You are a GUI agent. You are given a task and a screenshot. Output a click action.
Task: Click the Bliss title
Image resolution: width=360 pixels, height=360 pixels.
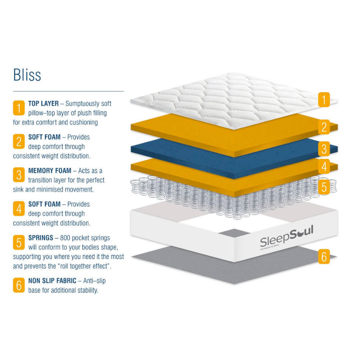click(27, 75)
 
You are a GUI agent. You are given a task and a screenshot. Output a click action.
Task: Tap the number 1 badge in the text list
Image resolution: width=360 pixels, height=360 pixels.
click(19, 108)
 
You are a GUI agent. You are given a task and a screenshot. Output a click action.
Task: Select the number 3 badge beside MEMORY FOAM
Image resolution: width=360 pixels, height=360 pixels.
click(19, 175)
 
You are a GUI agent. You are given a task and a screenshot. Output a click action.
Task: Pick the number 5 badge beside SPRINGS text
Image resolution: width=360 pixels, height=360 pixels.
click(19, 242)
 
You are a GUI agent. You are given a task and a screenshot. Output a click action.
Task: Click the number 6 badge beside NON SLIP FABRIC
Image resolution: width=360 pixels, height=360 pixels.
click(19, 285)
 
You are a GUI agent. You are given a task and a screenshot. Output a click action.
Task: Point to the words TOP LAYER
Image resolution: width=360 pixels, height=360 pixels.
click(44, 104)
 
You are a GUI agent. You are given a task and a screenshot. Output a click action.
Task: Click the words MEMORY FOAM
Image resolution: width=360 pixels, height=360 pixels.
click(50, 171)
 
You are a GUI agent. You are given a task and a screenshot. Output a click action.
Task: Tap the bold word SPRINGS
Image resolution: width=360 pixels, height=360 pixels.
click(41, 238)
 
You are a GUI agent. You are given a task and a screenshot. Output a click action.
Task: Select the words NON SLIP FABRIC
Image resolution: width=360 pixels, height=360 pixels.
click(52, 280)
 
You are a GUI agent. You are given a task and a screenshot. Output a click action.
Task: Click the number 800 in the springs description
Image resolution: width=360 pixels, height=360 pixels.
click(65, 238)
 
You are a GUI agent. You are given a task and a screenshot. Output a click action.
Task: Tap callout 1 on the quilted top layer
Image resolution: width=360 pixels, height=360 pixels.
click(324, 100)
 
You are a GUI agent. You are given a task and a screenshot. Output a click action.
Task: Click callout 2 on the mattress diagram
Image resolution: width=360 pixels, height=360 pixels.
click(324, 127)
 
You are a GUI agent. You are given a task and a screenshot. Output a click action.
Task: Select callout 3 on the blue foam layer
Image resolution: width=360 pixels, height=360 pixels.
click(324, 149)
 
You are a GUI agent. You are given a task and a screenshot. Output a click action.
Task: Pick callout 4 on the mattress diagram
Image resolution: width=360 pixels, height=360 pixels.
click(324, 166)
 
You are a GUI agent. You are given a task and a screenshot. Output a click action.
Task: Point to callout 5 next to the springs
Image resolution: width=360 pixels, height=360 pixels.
click(324, 187)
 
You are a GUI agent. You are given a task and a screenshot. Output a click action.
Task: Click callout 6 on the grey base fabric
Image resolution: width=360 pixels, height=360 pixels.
click(324, 256)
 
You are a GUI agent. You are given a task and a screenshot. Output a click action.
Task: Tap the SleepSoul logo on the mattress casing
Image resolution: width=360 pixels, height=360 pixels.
click(287, 238)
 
